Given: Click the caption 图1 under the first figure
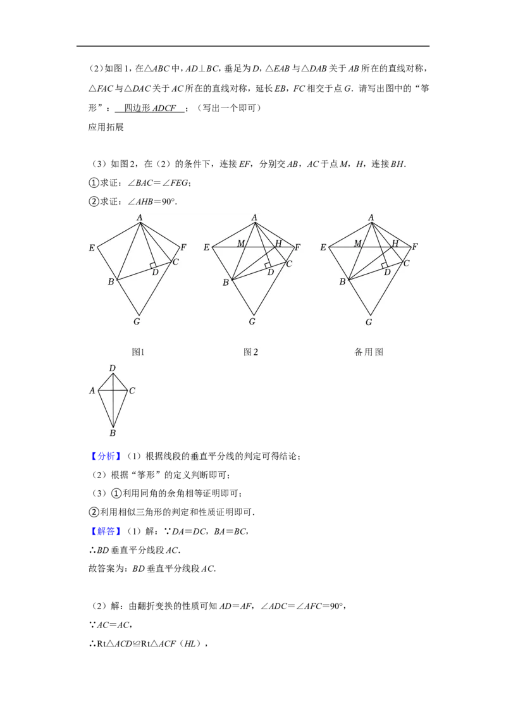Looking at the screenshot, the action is tap(138, 352).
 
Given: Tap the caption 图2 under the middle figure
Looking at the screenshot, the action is tap(250, 352).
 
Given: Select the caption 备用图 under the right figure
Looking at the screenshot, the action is tap(369, 352).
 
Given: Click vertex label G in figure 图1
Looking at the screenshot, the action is tap(137, 321).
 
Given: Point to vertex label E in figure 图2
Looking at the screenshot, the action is tap(206, 247).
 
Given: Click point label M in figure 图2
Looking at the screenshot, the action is tap(241, 244).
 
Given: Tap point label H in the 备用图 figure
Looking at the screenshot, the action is tap(395, 244).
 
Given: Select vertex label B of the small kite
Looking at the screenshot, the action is tap(113, 433).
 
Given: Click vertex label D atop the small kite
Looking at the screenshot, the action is tap(113, 368).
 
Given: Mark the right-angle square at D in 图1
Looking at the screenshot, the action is tap(154, 266).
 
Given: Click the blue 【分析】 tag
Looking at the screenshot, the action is tap(106, 456).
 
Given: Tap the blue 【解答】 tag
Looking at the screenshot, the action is tap(106, 531).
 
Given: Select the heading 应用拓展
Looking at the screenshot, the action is tap(106, 127).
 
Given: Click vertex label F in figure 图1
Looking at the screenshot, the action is tap(183, 247).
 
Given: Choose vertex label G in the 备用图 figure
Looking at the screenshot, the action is tap(369, 322).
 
